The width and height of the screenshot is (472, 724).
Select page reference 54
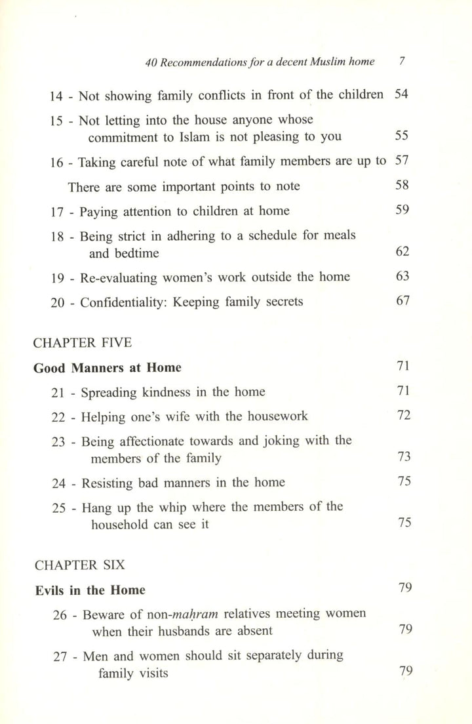pyautogui.click(x=401, y=94)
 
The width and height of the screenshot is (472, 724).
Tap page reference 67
pyautogui.click(x=402, y=301)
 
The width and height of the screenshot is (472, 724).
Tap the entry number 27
pyautogui.click(x=60, y=656)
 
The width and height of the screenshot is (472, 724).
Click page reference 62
pyautogui.click(x=402, y=252)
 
